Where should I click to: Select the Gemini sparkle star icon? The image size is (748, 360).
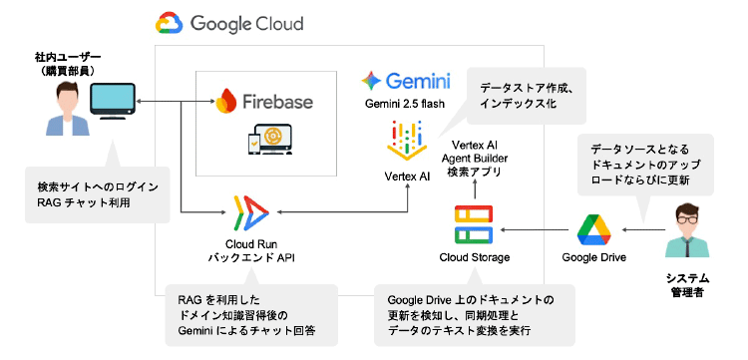click(x=371, y=81)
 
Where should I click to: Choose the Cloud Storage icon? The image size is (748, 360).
click(x=474, y=225)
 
